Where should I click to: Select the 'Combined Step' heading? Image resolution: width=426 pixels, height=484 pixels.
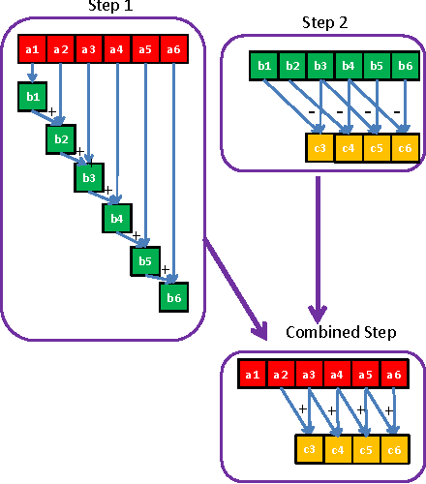point(340,332)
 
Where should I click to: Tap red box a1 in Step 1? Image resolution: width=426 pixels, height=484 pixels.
point(31,47)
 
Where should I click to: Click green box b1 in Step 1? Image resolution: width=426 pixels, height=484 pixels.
point(32,98)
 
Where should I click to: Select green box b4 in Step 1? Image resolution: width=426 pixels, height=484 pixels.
point(116,219)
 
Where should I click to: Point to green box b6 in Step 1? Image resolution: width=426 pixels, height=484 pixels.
point(173,298)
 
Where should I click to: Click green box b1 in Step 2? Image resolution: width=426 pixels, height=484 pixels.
point(262,67)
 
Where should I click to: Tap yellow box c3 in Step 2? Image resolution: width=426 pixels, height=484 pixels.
point(319,149)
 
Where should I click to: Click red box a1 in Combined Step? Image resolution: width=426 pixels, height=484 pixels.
point(252,375)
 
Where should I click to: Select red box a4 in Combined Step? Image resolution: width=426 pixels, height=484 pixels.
point(336,375)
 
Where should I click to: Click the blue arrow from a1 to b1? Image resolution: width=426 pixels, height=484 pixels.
point(32,73)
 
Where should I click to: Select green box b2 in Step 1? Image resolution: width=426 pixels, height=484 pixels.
point(60,139)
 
